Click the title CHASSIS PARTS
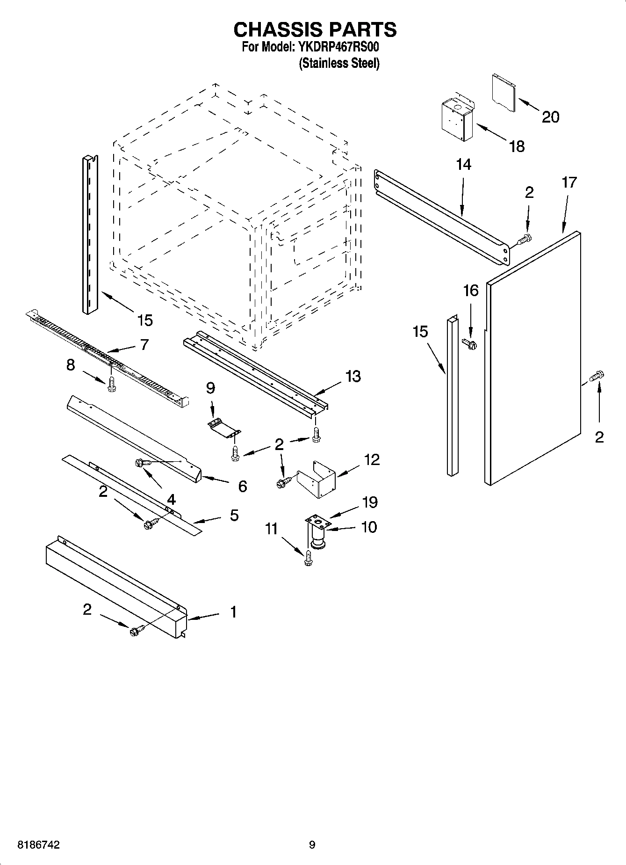pos(315,30)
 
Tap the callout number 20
pos(550,116)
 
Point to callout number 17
pos(569,182)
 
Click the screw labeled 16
pos(469,344)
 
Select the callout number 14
pos(463,165)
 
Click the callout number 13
pos(353,376)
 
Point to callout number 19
pos(369,502)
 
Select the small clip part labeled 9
pos(223,427)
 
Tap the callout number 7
pos(144,345)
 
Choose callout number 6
pos(242,486)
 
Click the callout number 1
pos(233,612)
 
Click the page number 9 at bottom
pos(312,844)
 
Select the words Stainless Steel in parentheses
pos(339,64)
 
